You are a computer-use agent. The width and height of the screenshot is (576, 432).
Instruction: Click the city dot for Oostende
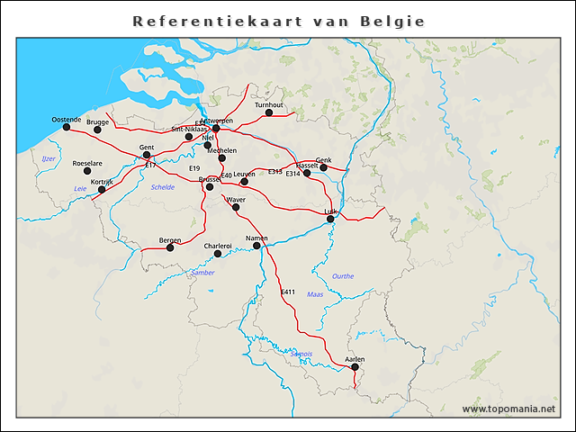pos(66,127)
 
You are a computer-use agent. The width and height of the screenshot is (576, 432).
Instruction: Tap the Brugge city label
pos(97,121)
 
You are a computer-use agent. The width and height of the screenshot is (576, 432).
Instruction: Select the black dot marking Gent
pos(147,155)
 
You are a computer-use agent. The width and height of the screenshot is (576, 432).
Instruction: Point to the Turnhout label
pos(268,105)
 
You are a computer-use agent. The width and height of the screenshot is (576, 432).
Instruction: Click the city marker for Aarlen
pos(355,366)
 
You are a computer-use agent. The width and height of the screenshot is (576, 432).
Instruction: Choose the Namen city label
pos(257,237)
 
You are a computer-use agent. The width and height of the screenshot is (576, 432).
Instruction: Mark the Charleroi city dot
pos(217,254)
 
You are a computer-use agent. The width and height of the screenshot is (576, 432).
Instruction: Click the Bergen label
pos(170,240)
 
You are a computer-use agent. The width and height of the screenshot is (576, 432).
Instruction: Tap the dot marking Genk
pos(323,167)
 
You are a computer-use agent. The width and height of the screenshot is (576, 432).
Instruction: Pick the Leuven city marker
pos(244,181)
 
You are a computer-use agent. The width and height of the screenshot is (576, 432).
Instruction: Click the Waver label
pos(236,199)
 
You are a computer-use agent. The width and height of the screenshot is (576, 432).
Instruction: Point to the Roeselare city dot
pos(87,171)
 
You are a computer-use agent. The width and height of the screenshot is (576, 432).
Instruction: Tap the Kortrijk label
pos(102,182)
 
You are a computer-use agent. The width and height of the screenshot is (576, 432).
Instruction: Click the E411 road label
pos(288,292)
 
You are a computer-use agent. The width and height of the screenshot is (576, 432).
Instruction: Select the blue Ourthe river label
pos(343,276)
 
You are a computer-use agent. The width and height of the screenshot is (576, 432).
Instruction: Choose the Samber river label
pos(202,272)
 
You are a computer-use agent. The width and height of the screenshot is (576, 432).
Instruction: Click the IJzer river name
pos(49,158)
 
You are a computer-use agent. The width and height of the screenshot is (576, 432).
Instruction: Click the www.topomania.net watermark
pos(508,409)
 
